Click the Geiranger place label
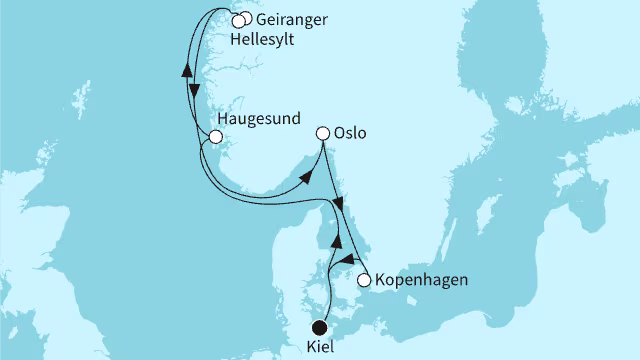[288, 19]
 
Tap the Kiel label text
[319, 347]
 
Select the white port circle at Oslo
[322, 133]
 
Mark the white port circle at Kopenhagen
[364, 280]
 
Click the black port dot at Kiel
[319, 326]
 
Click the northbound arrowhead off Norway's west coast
[186, 70]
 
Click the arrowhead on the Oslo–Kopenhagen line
[339, 204]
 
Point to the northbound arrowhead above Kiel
[341, 243]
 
